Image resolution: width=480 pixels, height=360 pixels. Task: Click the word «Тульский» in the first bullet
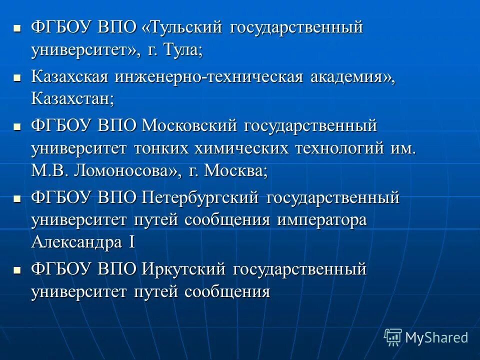[183, 28]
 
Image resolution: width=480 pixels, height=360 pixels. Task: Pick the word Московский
[188, 125]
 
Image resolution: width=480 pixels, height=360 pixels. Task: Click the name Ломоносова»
[127, 171]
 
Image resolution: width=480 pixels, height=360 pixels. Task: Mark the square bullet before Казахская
[17, 77]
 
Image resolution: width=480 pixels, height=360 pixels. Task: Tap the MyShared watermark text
[436, 337]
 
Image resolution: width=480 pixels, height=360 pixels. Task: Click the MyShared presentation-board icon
[393, 337]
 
